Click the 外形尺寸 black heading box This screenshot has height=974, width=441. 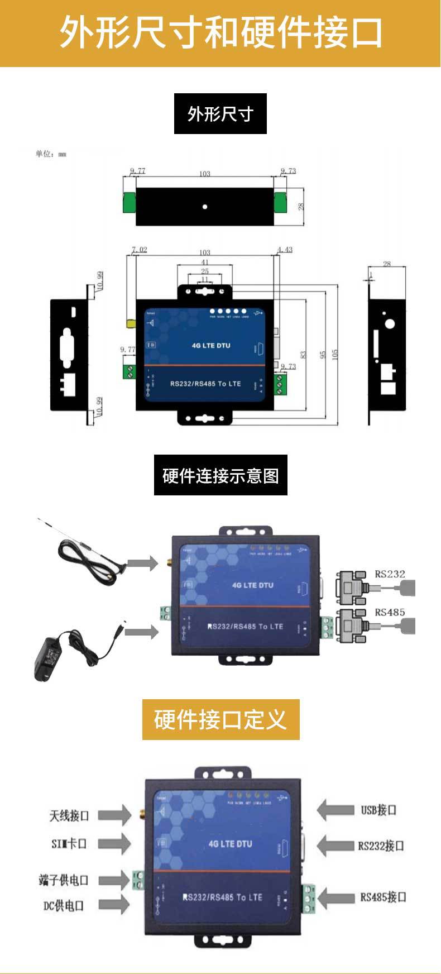point(220,114)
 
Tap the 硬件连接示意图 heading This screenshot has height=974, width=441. point(220,475)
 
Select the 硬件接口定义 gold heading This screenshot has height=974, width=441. point(220,720)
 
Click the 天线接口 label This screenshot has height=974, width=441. point(69,815)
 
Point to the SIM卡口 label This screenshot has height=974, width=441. point(69,843)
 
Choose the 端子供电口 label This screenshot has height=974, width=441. point(64,880)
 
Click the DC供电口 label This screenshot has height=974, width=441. point(64,905)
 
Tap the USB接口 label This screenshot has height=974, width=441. point(378,810)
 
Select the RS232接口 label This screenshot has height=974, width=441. point(381,846)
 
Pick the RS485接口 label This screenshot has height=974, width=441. point(383,897)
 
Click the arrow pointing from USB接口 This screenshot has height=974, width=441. point(335,810)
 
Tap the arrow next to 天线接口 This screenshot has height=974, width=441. point(114,815)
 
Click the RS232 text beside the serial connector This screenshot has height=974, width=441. point(390,574)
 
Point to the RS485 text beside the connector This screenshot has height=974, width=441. point(390,612)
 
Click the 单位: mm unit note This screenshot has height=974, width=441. point(51,154)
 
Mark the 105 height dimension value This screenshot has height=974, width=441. point(335,355)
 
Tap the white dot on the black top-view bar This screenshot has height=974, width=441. point(205,207)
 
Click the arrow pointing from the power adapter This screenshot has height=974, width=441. point(142,632)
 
